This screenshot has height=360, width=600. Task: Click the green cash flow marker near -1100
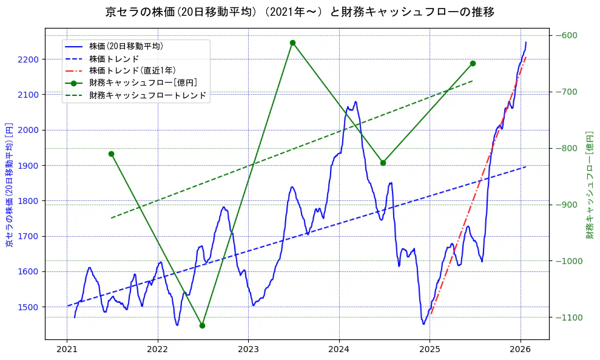point(202,325)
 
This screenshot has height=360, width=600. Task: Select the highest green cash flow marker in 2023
point(292,42)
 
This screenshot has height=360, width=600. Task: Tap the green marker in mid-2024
point(383,163)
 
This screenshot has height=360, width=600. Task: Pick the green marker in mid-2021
point(111,154)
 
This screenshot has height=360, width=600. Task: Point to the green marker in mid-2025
point(473,63)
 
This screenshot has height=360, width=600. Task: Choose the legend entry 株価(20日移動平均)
point(126,46)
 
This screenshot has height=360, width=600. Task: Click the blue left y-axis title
point(9,182)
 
